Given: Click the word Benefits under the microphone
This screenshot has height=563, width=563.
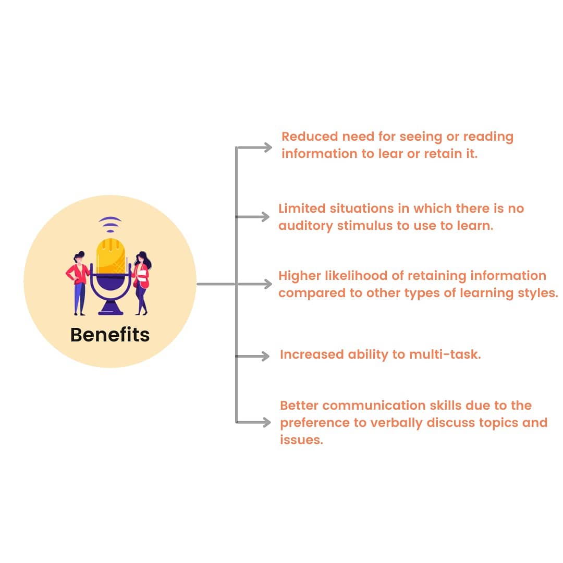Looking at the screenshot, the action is pyautogui.click(x=110, y=335).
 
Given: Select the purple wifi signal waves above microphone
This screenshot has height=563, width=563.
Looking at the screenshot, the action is pyautogui.click(x=110, y=224).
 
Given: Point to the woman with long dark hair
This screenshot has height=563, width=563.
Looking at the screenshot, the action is pyautogui.click(x=142, y=281).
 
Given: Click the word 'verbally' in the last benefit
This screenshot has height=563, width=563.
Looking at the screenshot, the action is pyautogui.click(x=396, y=422).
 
